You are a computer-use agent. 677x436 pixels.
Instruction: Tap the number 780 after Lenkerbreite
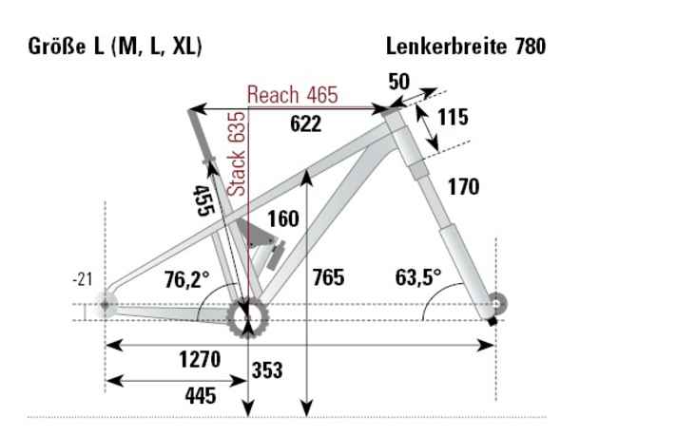[x=528, y=46]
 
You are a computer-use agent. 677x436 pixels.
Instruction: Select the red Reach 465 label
[x=292, y=95]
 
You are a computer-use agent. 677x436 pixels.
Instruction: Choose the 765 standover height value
[x=329, y=278]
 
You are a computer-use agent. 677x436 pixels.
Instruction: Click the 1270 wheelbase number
[x=199, y=360]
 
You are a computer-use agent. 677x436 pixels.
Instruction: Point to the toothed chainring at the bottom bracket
[x=248, y=316]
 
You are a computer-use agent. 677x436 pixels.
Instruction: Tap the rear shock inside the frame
[x=266, y=244]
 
